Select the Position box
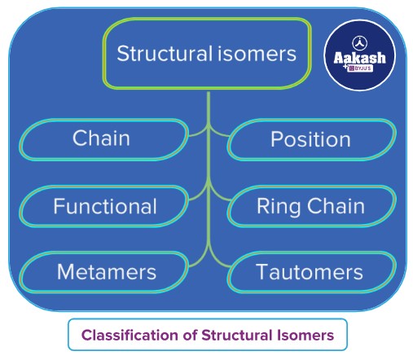(310, 138)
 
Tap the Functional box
(103, 205)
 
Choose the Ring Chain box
(310, 205)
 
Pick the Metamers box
(103, 271)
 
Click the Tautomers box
(310, 271)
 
